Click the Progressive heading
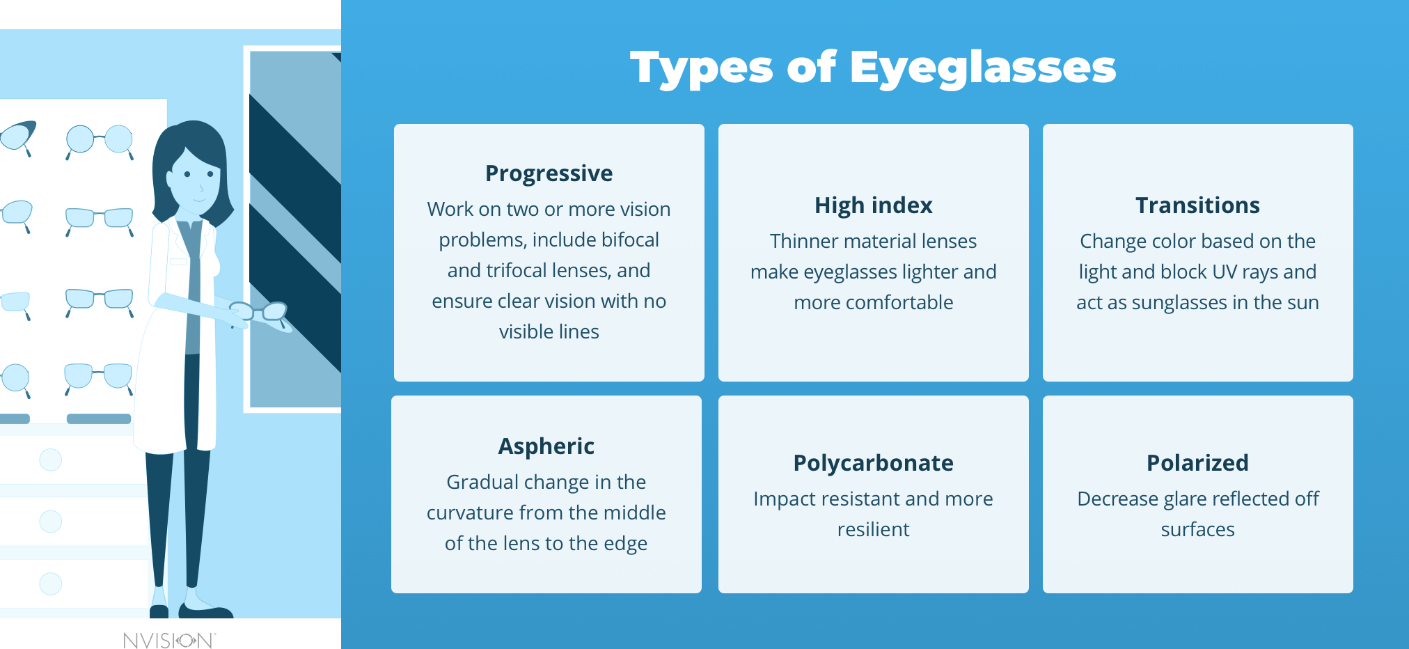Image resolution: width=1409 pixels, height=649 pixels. tap(549, 173)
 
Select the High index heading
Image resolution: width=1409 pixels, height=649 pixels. tap(873, 205)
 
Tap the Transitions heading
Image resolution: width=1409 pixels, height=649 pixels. tap(1197, 205)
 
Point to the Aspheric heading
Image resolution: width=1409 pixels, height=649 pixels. tap(546, 446)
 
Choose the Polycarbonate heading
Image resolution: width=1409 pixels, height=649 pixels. tap(873, 463)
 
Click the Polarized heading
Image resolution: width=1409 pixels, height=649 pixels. tap(1197, 463)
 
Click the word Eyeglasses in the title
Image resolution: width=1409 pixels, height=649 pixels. tap(982, 68)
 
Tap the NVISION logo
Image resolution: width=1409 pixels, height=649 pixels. tap(169, 640)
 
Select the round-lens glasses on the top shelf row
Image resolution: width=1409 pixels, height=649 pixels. tap(100, 140)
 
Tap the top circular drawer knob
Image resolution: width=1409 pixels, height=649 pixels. tap(51, 460)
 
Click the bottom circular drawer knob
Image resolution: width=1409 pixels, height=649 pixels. tap(51, 584)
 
